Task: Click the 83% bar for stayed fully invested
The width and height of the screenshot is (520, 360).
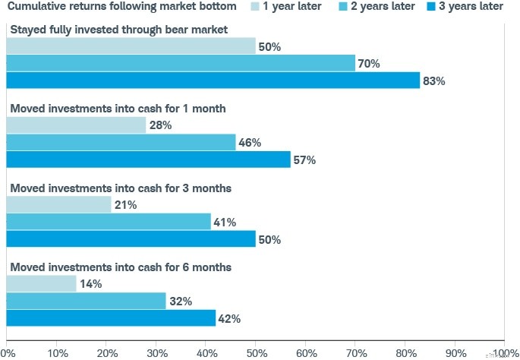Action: (x=213, y=80)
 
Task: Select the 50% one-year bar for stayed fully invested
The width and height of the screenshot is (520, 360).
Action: (x=131, y=46)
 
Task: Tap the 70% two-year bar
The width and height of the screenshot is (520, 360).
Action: (x=181, y=63)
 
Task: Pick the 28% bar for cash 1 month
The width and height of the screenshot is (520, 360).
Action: (x=76, y=125)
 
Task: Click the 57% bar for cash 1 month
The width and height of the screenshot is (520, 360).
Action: (x=148, y=159)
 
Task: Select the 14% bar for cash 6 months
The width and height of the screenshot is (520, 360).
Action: (x=41, y=284)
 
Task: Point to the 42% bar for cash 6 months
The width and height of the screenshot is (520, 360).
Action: (x=111, y=318)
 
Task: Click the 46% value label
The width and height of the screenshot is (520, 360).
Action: (x=250, y=143)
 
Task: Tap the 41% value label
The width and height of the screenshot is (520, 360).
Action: (x=225, y=223)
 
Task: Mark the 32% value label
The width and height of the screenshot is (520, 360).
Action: (x=180, y=302)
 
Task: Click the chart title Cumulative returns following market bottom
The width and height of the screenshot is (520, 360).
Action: (x=121, y=7)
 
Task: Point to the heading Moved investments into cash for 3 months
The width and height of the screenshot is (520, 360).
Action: (x=121, y=188)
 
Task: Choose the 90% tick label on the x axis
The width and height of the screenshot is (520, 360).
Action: (x=455, y=352)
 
